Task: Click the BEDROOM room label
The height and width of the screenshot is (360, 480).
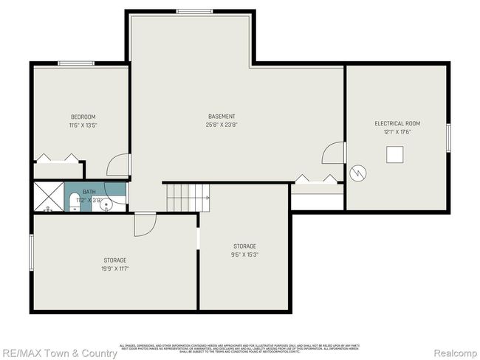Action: pos(83,117)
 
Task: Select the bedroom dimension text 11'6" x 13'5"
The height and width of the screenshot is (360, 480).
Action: pos(83,125)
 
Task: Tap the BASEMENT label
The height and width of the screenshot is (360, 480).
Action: pos(222,116)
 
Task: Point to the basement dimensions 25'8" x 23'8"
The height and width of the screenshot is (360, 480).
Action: pos(222,125)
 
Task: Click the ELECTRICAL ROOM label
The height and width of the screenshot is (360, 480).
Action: pos(397,123)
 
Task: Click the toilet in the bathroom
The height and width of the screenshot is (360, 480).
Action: pos(75,201)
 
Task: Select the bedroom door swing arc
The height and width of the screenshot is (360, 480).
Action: pos(118,165)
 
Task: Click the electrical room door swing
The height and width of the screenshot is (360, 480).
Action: pos(333,153)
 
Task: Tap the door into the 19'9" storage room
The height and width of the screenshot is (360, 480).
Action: pos(145,224)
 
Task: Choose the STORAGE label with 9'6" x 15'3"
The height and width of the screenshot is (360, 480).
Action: pos(244,246)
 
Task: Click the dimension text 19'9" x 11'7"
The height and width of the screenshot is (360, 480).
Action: pos(115,269)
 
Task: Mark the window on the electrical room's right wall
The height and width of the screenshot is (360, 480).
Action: pos(448,138)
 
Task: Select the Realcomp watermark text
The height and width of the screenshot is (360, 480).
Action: pos(455,353)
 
